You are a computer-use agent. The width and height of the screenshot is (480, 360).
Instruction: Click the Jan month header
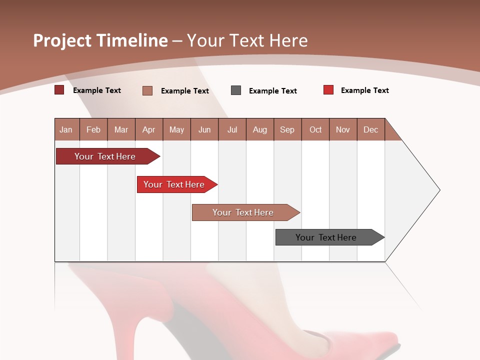(x=66, y=130)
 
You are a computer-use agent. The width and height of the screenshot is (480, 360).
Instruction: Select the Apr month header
(x=148, y=130)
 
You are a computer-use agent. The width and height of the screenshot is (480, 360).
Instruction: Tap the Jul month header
(x=232, y=130)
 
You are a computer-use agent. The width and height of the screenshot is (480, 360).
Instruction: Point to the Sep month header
(x=287, y=130)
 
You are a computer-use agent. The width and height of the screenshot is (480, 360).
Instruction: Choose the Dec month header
(x=370, y=130)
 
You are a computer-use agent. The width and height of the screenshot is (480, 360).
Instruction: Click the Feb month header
(x=93, y=130)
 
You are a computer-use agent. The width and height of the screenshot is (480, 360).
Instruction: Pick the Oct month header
(x=315, y=130)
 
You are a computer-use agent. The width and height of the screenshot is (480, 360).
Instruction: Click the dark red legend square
(x=59, y=90)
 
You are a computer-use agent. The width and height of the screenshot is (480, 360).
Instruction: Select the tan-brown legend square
(x=147, y=90)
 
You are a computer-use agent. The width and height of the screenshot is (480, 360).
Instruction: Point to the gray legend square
(x=236, y=90)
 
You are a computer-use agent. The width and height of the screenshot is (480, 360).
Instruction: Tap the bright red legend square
(x=328, y=90)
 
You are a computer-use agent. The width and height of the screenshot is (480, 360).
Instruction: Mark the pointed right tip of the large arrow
(x=439, y=190)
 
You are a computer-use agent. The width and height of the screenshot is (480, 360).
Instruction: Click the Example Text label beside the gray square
(x=273, y=91)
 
